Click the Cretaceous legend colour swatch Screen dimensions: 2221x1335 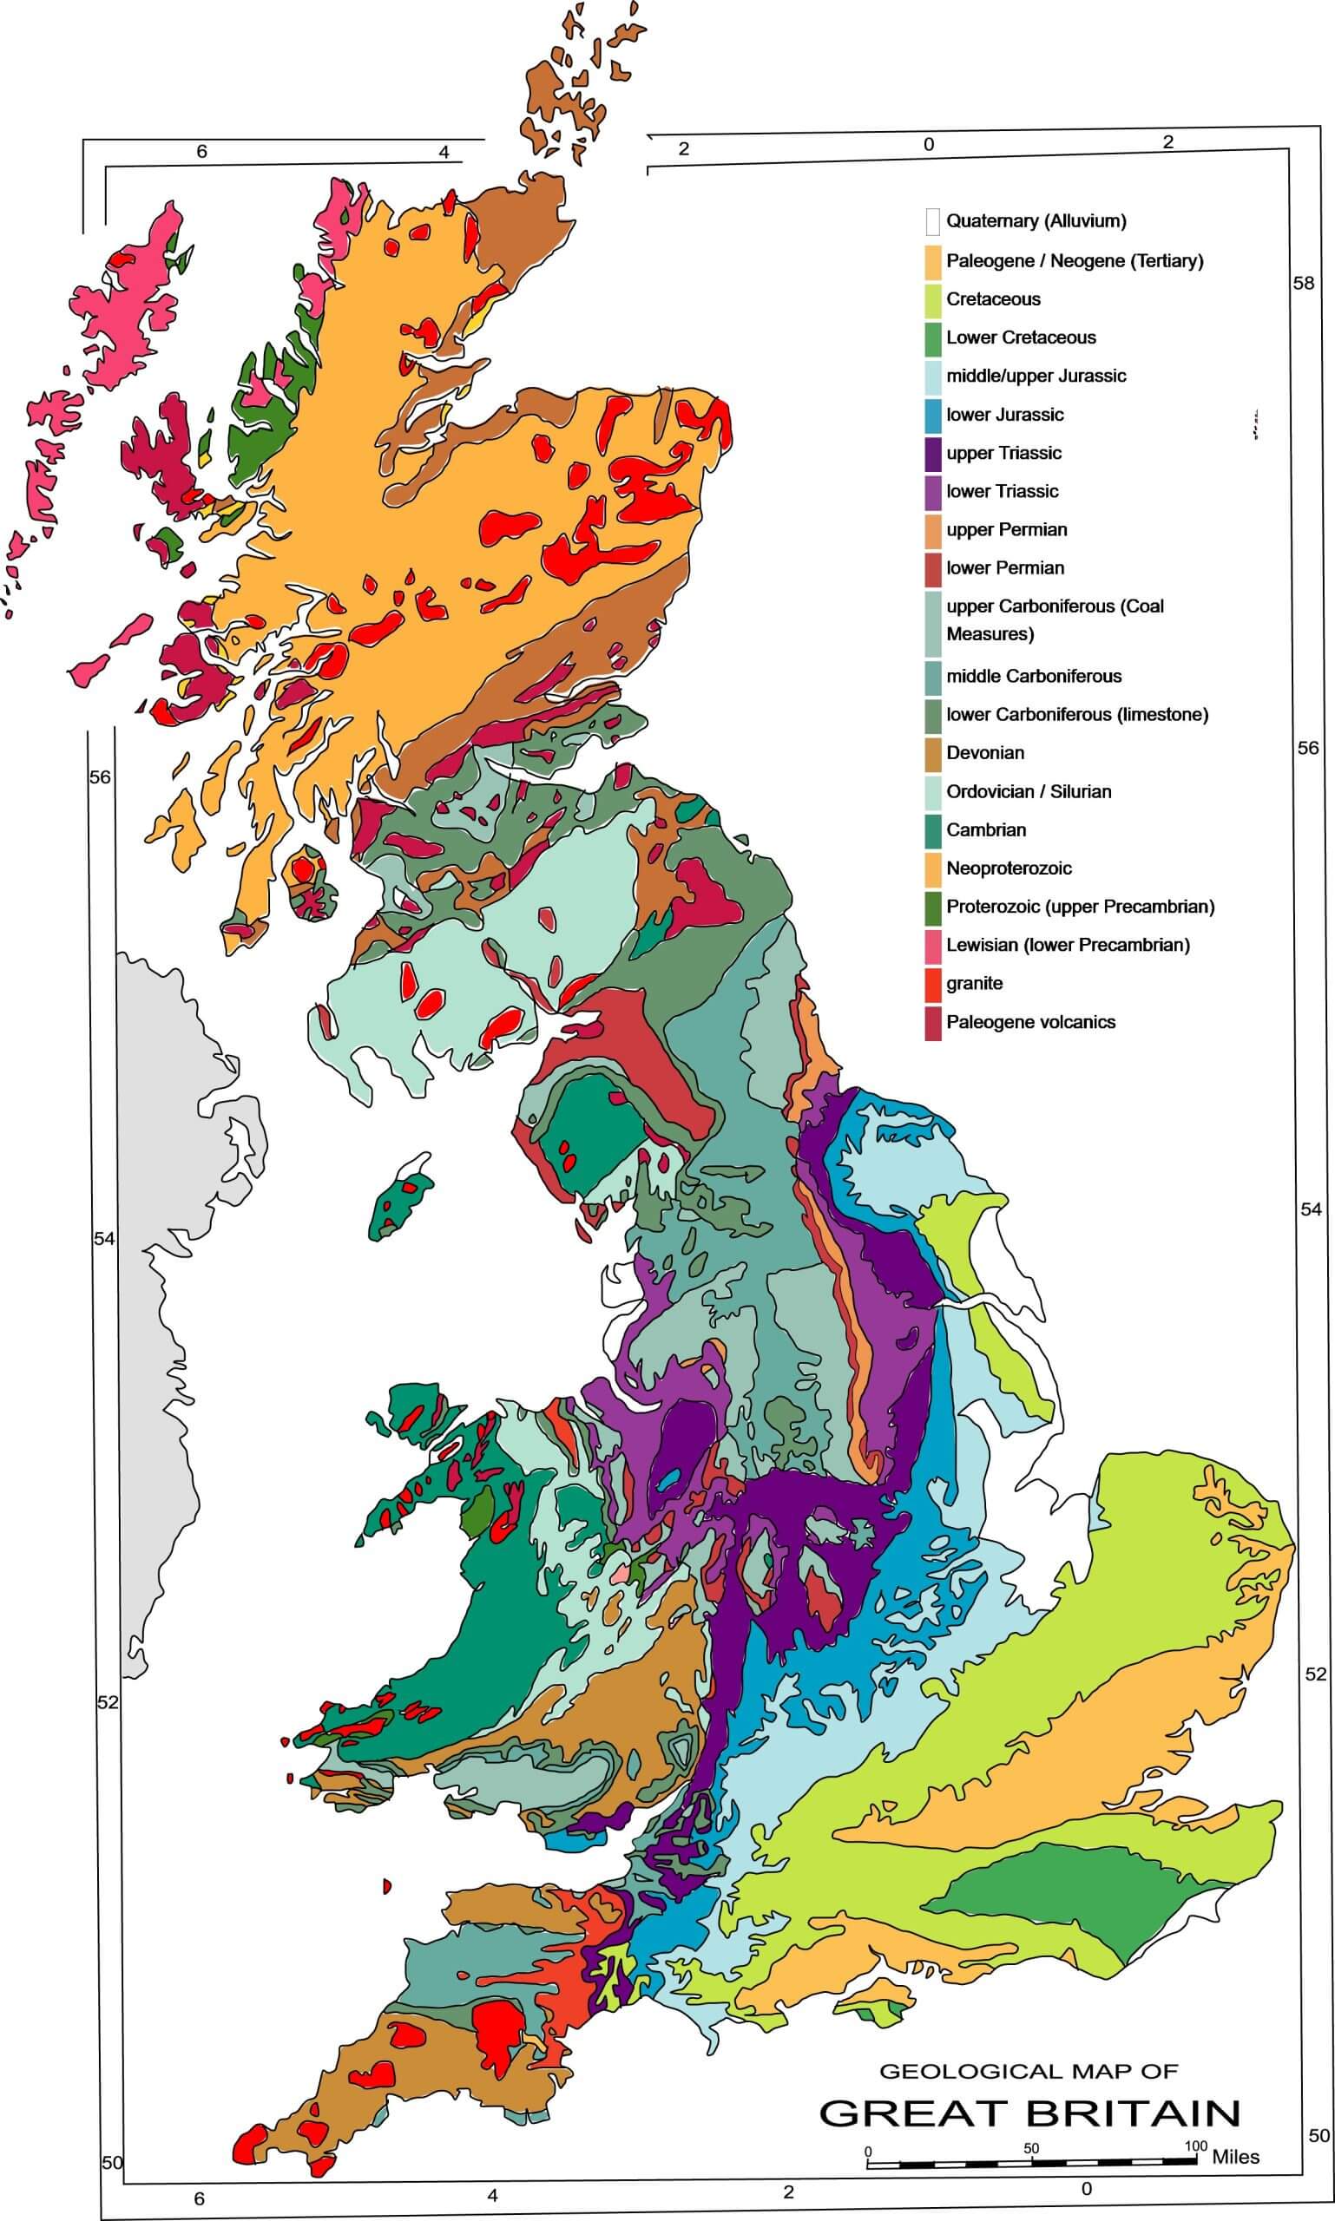[933, 299]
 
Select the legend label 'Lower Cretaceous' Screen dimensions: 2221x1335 [1020, 338]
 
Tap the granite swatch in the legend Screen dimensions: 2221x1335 [933, 984]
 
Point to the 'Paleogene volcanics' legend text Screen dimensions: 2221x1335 [1030, 1022]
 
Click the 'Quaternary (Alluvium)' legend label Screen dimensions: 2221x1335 [1036, 221]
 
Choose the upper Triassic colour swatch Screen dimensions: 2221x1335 [933, 453]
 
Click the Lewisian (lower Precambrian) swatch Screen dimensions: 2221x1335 [933, 945]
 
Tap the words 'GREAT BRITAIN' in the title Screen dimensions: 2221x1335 [1029, 2113]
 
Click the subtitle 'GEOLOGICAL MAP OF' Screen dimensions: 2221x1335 [1028, 2072]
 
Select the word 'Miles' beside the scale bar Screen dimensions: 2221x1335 [1235, 2156]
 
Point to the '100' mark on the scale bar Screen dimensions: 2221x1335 [1194, 2146]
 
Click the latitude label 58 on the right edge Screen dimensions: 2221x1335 [1303, 283]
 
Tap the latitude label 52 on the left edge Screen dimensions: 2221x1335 [107, 1702]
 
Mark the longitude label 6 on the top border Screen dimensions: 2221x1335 [201, 152]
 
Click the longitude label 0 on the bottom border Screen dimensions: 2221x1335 [1086, 2188]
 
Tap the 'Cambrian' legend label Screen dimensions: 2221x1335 [985, 830]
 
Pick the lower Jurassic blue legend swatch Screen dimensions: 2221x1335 [933, 416]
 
